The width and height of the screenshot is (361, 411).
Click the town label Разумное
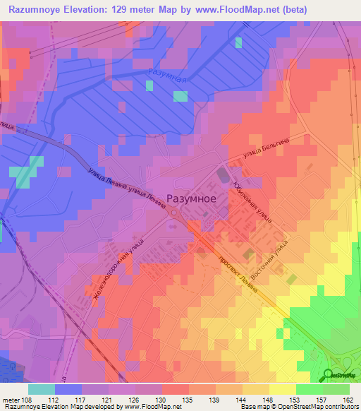(x=191, y=199)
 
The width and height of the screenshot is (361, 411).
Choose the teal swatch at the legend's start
(x=41, y=389)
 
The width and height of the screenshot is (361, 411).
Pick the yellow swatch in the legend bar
(x=282, y=389)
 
